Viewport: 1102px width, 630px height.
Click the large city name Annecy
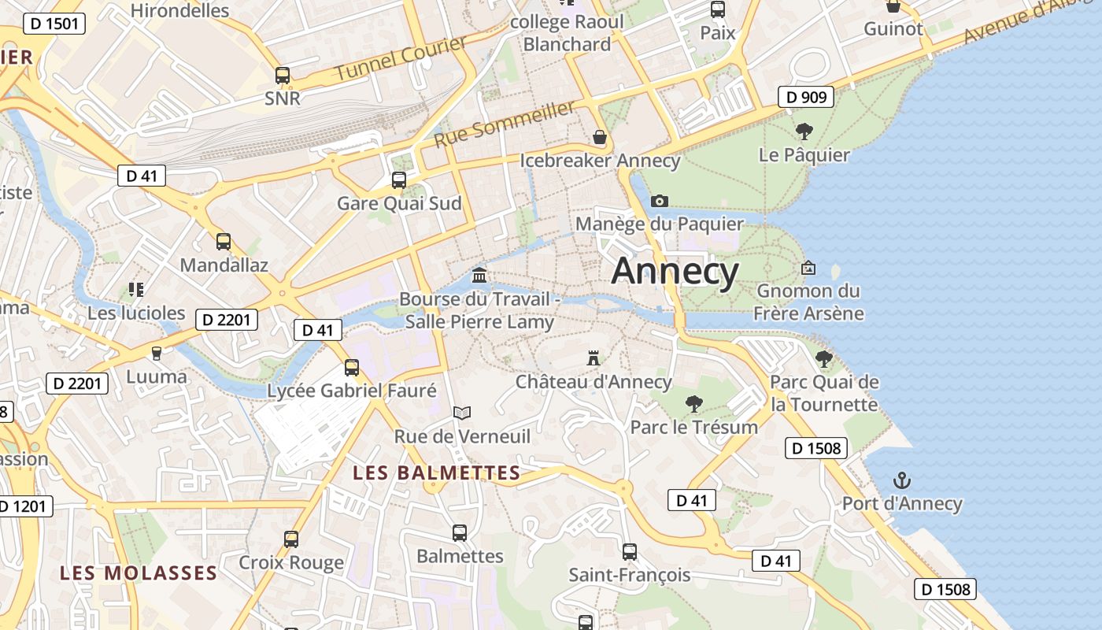point(675,272)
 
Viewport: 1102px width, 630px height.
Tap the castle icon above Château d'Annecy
point(594,358)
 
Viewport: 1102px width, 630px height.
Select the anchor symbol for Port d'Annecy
point(902,480)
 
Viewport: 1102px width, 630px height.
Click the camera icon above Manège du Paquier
point(660,202)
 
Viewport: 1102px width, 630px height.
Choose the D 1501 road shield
point(54,24)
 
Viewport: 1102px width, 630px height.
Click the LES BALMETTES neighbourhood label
point(437,473)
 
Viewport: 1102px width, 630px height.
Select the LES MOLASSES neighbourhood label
point(139,573)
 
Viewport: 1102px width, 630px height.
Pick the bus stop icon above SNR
point(283,76)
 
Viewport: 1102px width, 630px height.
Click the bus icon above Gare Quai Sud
point(399,180)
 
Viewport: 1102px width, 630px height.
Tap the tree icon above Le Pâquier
point(804,131)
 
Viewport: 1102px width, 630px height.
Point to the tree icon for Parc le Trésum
point(693,404)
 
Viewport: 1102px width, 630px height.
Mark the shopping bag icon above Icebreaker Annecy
point(600,138)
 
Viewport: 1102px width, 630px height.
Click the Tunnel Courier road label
point(401,58)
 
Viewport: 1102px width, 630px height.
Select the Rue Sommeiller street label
point(505,124)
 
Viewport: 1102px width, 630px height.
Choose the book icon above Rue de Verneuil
point(462,413)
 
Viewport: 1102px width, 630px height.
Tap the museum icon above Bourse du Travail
point(479,276)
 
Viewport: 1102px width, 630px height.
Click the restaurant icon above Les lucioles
point(136,290)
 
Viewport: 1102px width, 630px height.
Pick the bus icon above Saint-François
point(630,551)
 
